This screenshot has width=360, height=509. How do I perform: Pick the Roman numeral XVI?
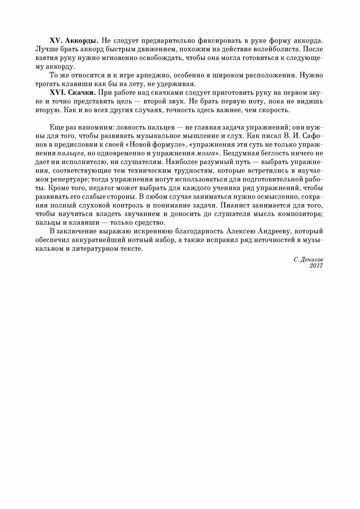57,93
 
